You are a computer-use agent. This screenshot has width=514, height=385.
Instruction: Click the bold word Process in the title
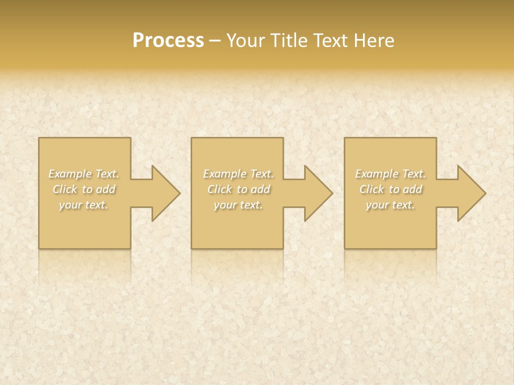point(168,41)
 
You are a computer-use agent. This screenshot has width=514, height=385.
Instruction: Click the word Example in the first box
point(70,174)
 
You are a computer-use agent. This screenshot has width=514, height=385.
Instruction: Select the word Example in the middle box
point(224,174)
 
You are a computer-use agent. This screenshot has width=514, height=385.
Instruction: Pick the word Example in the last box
point(376,174)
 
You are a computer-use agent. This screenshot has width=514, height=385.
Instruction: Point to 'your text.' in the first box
point(84,205)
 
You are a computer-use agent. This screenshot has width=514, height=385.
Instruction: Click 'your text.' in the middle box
point(238,205)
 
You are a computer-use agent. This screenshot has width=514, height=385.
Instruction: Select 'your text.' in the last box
point(390,205)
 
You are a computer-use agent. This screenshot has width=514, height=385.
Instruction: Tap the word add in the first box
point(106,189)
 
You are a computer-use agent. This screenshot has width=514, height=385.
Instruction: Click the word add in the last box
point(413,189)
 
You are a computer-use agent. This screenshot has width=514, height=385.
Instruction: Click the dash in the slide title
point(215,41)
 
